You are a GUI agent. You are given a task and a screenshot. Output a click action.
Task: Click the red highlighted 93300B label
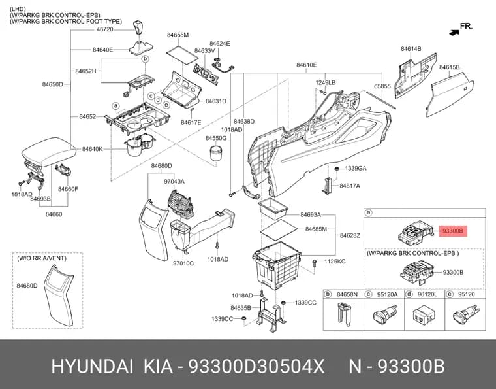[x=452, y=231]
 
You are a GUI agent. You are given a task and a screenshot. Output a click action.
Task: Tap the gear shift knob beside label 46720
[x=138, y=29]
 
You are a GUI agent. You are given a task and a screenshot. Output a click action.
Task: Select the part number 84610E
[x=306, y=65]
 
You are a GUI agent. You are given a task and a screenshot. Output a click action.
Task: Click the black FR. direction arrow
[x=454, y=31]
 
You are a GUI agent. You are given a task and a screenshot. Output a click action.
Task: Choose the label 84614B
[x=411, y=49]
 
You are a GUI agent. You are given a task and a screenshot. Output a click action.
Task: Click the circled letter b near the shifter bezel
[x=145, y=59]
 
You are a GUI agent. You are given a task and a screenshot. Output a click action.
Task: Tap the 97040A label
[x=174, y=182]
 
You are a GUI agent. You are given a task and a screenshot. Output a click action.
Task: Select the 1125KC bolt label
[x=335, y=262]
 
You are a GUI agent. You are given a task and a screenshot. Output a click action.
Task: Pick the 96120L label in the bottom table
[x=427, y=294]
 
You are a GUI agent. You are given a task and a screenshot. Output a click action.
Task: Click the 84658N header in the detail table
[x=347, y=294]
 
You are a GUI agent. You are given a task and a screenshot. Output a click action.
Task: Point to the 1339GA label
[x=356, y=168]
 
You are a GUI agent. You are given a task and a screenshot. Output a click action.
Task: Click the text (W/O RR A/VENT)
[x=42, y=258]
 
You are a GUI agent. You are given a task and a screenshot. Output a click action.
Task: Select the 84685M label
[x=316, y=229]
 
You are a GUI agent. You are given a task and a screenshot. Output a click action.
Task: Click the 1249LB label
[x=326, y=82]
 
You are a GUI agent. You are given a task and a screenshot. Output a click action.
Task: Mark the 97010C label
[x=183, y=263]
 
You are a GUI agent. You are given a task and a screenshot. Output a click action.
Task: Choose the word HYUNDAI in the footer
[x=93, y=367]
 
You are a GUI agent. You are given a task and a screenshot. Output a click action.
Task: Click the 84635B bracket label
[x=241, y=307]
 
